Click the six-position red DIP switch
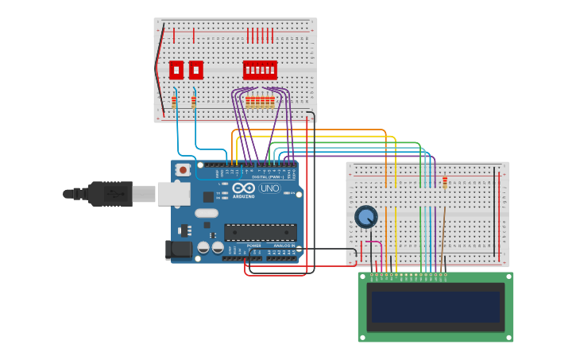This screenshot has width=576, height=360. pyautogui.click(x=260, y=70)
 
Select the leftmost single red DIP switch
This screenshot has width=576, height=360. pyautogui.click(x=176, y=70)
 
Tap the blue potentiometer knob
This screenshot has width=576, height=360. pyautogui.click(x=365, y=216)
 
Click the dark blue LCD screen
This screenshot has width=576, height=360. pyautogui.click(x=435, y=307)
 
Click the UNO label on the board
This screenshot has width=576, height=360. pyautogui.click(x=270, y=188)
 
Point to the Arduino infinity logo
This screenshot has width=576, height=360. pyautogui.click(x=244, y=188)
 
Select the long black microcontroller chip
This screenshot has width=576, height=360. pyautogui.click(x=260, y=232)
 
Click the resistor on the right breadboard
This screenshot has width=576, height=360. pyautogui.click(x=445, y=182)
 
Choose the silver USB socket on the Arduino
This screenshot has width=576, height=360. pyautogui.click(x=173, y=193)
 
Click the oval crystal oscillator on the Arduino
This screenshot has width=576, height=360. pyautogui.click(x=206, y=213)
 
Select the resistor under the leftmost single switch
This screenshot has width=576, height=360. pyautogui.click(x=174, y=102)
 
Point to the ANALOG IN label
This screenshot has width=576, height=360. pyautogui.click(x=283, y=246)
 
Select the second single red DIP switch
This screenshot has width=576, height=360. pyautogui.click(x=195, y=70)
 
